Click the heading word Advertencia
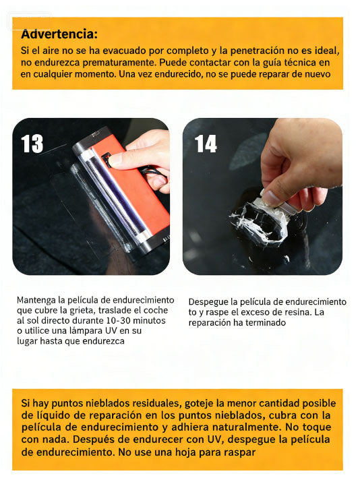[59, 34]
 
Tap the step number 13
[32, 144]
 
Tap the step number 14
[206, 144]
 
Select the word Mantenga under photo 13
[38, 300]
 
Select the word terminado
[266, 323]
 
